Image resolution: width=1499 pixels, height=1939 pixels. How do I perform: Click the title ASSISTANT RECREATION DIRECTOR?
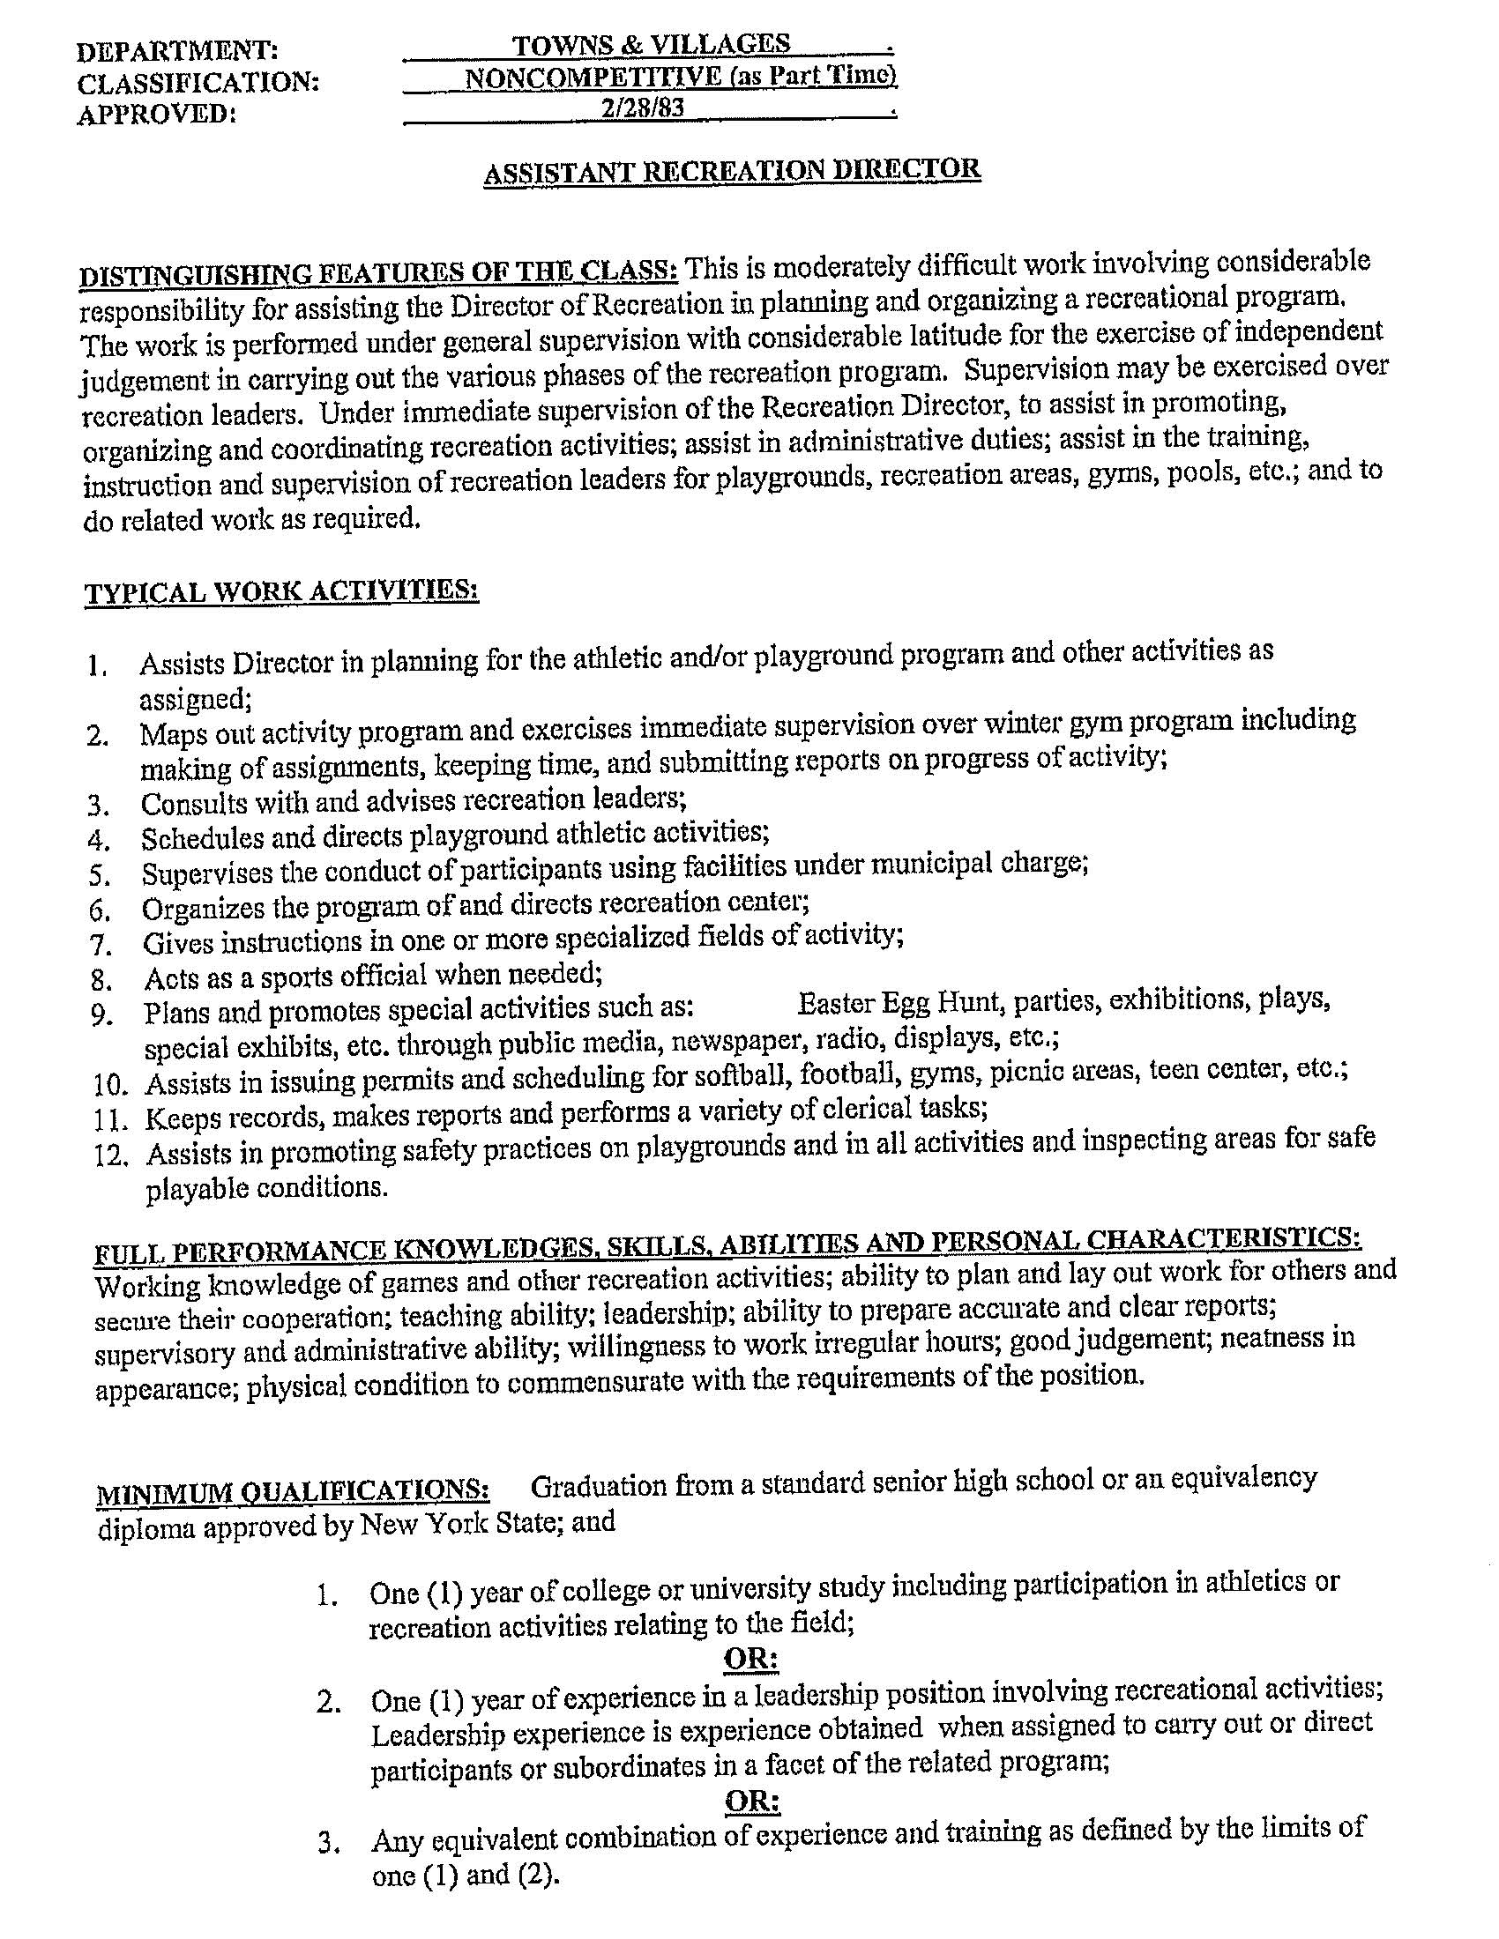pyautogui.click(x=732, y=170)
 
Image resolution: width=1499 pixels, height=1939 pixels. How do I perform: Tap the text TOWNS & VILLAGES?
pyautogui.click(x=651, y=44)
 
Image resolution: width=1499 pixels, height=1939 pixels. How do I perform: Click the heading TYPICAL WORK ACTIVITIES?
pyautogui.click(x=281, y=591)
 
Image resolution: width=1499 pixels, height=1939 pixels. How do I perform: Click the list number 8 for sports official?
pyautogui.click(x=101, y=980)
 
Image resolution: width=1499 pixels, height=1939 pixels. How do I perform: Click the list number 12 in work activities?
pyautogui.click(x=111, y=1155)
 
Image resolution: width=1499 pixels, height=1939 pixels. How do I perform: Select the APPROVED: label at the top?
pyautogui.click(x=157, y=115)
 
